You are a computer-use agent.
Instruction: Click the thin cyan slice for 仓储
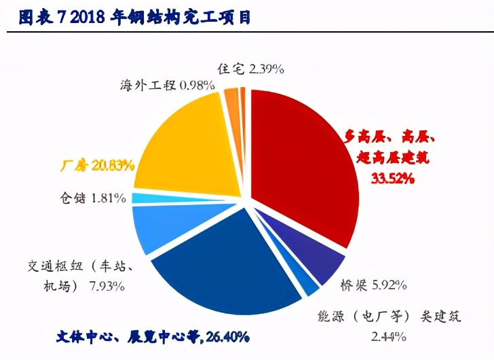tap(137, 198)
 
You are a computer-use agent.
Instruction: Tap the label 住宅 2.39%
tap(250, 69)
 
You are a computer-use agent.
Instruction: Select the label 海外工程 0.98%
tap(167, 86)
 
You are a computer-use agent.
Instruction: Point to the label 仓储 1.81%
tap(92, 198)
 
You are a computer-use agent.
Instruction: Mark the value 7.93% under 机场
tap(107, 286)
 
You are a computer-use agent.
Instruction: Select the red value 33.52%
tap(394, 179)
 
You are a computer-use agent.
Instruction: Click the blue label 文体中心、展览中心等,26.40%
tap(152, 336)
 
